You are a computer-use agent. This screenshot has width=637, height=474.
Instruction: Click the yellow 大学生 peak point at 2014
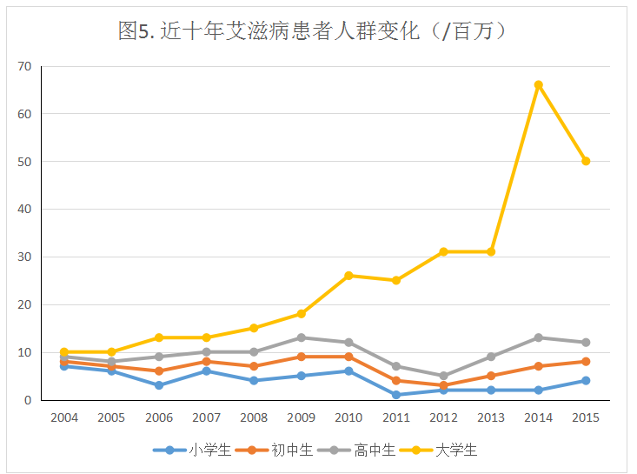[x=539, y=85]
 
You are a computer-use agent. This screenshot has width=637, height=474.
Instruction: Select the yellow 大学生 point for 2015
[x=586, y=161]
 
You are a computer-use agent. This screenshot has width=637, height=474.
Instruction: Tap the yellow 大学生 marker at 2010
[x=348, y=276]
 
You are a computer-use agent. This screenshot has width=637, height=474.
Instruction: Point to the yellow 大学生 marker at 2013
[x=491, y=252]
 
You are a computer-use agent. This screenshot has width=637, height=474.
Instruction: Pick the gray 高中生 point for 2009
[x=302, y=337]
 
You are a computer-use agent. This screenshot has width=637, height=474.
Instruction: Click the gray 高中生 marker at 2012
[x=444, y=376]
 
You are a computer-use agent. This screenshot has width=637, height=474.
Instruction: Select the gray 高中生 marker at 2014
[x=539, y=337]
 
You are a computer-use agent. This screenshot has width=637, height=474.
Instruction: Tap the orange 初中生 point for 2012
[x=444, y=385]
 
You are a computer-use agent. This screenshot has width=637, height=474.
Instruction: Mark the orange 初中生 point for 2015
[x=586, y=362]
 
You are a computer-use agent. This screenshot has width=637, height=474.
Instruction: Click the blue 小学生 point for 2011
[x=396, y=395]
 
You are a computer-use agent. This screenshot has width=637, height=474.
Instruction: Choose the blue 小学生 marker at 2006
[x=159, y=385]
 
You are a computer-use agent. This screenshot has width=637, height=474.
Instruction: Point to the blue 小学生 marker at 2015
[x=586, y=381]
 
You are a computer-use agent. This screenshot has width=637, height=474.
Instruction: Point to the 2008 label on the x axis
[x=254, y=417]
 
